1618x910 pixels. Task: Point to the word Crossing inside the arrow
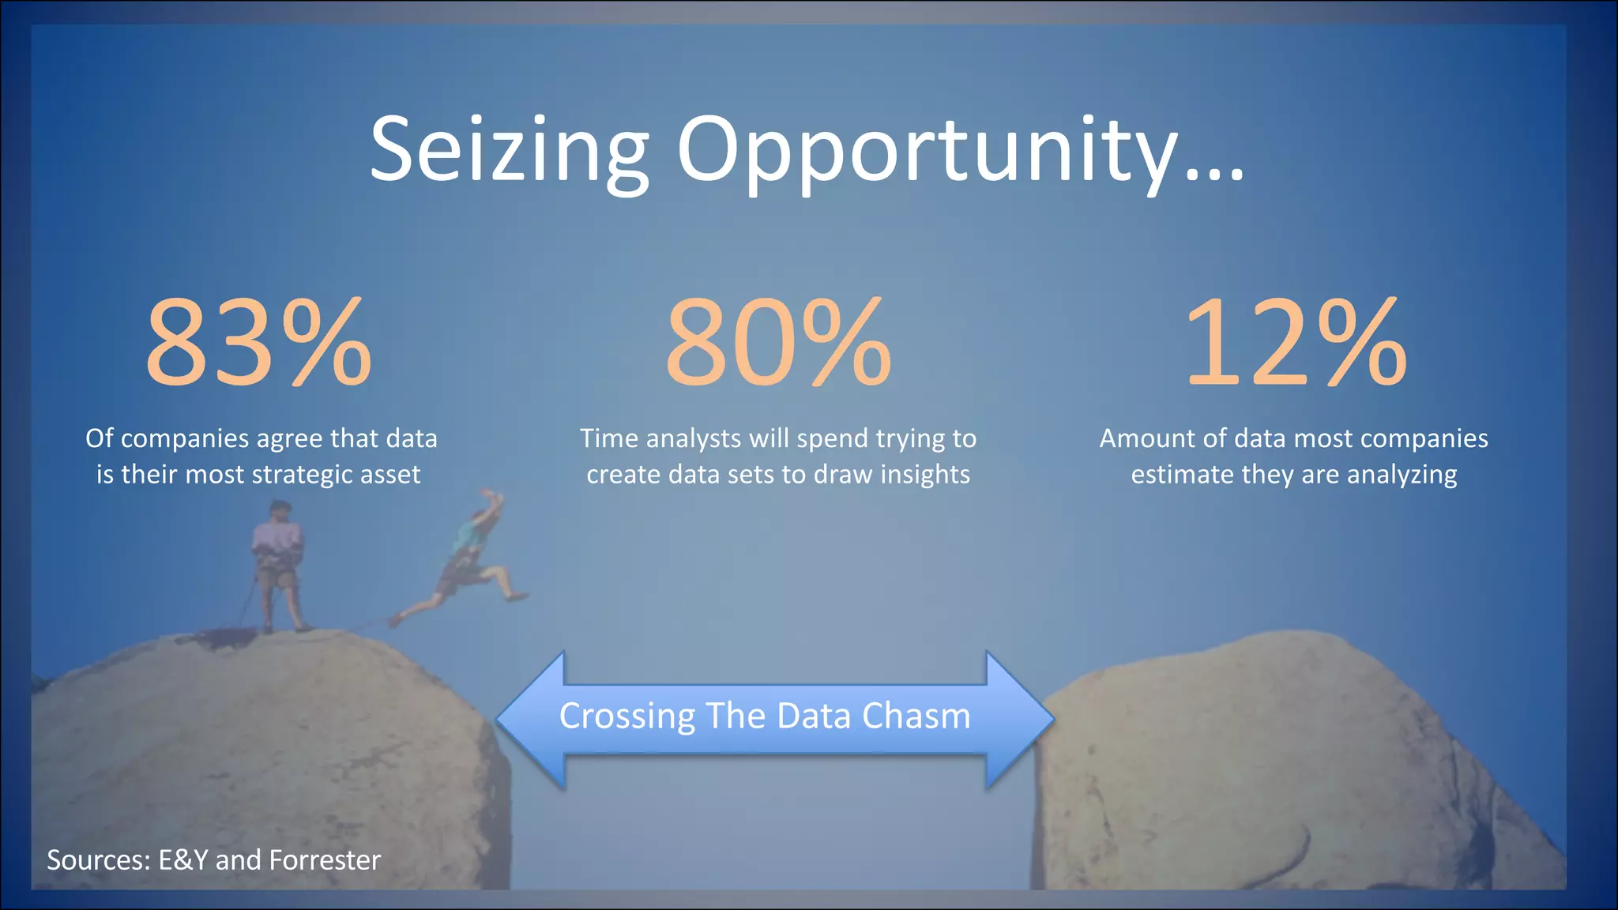pyautogui.click(x=627, y=716)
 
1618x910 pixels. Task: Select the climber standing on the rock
pyautogui.click(x=277, y=565)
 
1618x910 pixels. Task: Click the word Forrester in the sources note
pyautogui.click(x=325, y=860)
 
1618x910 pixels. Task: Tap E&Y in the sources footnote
pyautogui.click(x=183, y=860)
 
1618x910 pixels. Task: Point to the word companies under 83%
pyautogui.click(x=182, y=438)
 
